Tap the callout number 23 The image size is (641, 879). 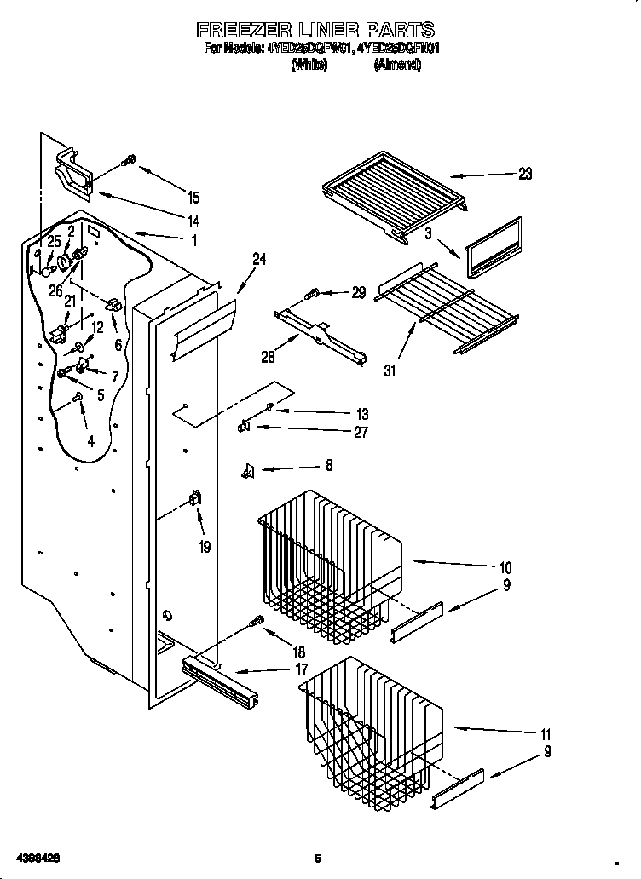coord(524,174)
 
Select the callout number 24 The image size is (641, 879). coord(258,260)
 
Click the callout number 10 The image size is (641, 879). coord(505,566)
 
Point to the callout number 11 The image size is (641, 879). coord(546,734)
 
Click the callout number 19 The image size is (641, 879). coord(205,547)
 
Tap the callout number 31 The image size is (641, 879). coord(391,370)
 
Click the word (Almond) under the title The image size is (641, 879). coord(396,66)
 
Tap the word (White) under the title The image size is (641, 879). coord(309,66)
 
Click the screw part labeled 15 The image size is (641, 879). coord(130,160)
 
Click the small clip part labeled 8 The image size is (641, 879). coord(248,469)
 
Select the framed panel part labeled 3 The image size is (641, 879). coord(493,248)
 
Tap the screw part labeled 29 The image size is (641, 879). coord(312,294)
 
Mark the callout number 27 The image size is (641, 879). coord(361,432)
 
